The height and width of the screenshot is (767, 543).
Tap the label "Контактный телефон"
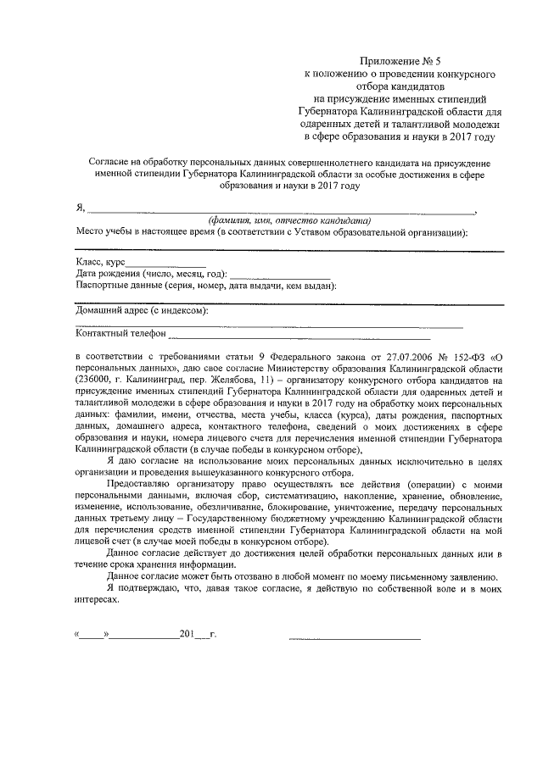pos(120,336)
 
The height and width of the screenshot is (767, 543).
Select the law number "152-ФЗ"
pos(455,358)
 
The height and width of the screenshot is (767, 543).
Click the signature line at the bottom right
pos(354,636)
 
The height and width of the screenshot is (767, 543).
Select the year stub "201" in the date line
pos(188,634)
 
